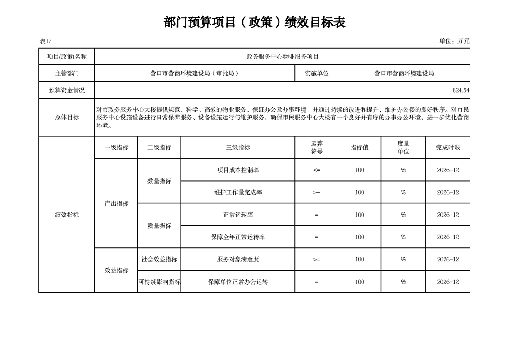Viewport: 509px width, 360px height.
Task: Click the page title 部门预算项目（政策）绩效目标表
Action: coord(254,22)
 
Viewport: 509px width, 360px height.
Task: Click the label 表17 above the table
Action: coord(46,41)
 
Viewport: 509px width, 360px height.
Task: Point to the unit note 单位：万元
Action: coord(454,41)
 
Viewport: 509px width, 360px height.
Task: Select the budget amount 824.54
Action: coord(460,90)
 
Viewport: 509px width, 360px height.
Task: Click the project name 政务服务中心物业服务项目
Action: coord(283,57)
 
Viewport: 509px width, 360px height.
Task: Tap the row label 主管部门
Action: coord(67,74)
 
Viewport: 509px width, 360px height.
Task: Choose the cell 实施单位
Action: coord(317,74)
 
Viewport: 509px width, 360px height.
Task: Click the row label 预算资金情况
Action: coord(67,90)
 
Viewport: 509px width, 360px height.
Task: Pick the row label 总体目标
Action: coord(67,118)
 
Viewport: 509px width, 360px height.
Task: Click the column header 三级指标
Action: coord(238,148)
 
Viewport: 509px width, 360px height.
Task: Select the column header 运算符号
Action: coord(317,148)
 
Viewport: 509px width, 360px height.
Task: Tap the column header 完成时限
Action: coord(448,148)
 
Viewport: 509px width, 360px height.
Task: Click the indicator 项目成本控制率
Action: coord(238,170)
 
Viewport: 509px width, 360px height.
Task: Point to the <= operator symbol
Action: coord(317,170)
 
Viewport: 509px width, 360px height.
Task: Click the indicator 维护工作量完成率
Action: coord(238,192)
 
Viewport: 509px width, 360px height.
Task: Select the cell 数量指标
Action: coord(159,181)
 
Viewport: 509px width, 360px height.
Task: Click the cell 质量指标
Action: coord(159,226)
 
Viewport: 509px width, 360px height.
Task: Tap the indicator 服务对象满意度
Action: coord(238,260)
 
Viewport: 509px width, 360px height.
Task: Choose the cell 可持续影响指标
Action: coord(159,282)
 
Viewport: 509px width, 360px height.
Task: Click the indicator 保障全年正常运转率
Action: coord(238,237)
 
